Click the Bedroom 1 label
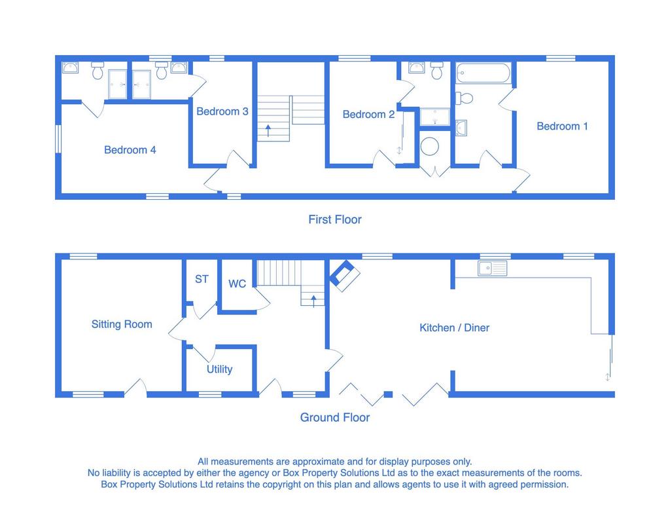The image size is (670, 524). tap(562, 126)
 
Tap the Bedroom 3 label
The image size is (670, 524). tap(222, 111)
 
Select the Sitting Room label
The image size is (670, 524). tap(122, 324)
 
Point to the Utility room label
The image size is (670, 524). tap(220, 369)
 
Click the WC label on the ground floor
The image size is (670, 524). tap(237, 284)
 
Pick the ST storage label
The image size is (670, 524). tap(202, 279)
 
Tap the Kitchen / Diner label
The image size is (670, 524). tap(454, 327)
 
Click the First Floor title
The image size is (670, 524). tap(335, 219)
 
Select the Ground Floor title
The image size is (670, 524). tap(335, 417)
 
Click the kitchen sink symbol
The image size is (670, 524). tap(492, 268)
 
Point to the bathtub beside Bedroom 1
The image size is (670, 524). tap(484, 73)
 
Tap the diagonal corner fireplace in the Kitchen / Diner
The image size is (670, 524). tap(344, 276)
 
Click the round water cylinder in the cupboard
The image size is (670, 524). tap(429, 146)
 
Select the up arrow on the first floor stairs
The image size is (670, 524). tap(268, 130)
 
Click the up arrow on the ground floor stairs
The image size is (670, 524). tap(313, 301)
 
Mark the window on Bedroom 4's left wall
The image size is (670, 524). tap(58, 139)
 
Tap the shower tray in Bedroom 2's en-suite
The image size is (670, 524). tap(434, 117)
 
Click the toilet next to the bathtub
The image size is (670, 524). tap(464, 98)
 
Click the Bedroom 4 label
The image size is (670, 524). tap(130, 150)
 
